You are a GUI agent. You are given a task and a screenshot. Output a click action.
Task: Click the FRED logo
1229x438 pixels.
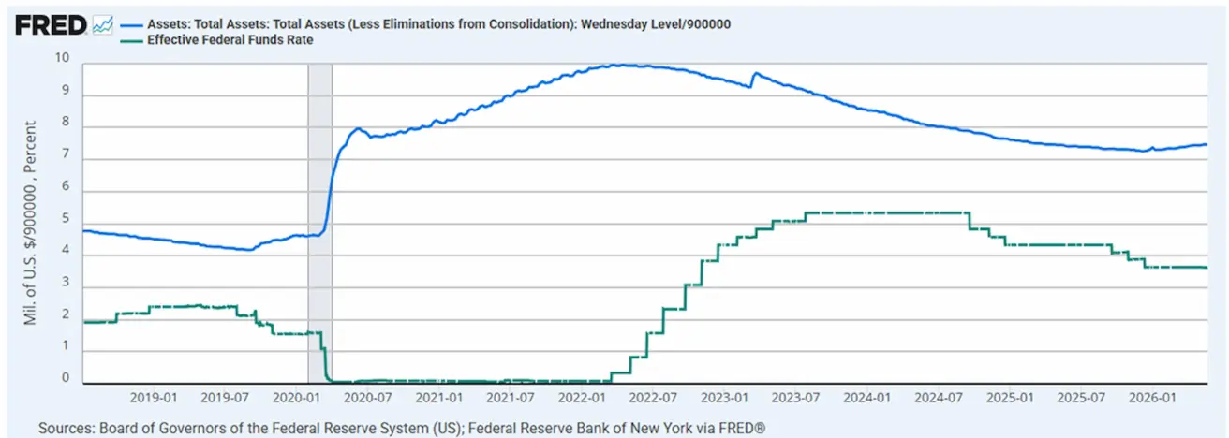click(x=51, y=25)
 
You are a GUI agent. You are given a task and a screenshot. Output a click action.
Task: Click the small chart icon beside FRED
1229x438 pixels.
click(x=103, y=24)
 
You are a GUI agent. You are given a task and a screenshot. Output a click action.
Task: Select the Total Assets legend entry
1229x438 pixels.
click(x=426, y=24)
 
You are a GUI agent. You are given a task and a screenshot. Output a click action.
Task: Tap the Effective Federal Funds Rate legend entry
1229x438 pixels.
click(x=216, y=40)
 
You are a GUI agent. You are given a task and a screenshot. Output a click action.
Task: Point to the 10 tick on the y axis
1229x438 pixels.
click(x=62, y=58)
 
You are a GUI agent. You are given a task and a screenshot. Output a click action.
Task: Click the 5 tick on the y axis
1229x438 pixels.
click(x=66, y=218)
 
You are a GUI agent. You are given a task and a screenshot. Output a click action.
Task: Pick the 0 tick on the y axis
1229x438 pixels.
click(x=66, y=378)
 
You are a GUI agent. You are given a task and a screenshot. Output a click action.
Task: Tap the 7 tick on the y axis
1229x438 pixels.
click(x=66, y=154)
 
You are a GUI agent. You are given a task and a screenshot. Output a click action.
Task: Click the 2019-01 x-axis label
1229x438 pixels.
click(x=154, y=398)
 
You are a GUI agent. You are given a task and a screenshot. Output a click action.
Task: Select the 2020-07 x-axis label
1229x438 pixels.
click(x=367, y=398)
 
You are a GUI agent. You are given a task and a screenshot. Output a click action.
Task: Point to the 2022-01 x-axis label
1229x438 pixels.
click(x=582, y=398)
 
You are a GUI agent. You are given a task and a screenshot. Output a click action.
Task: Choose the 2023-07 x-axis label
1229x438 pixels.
click(x=795, y=398)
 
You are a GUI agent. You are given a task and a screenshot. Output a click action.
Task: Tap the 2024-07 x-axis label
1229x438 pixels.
click(x=939, y=398)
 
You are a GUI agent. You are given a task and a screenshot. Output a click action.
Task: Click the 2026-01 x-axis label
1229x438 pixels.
click(x=1152, y=398)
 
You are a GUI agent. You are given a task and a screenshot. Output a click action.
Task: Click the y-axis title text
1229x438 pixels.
click(x=30, y=223)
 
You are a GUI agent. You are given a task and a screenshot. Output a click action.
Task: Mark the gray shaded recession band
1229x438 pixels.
click(x=319, y=224)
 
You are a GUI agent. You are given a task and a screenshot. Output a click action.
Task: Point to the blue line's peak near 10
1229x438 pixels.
click(x=620, y=66)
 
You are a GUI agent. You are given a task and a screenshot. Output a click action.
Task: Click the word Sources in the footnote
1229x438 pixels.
click(x=66, y=428)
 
